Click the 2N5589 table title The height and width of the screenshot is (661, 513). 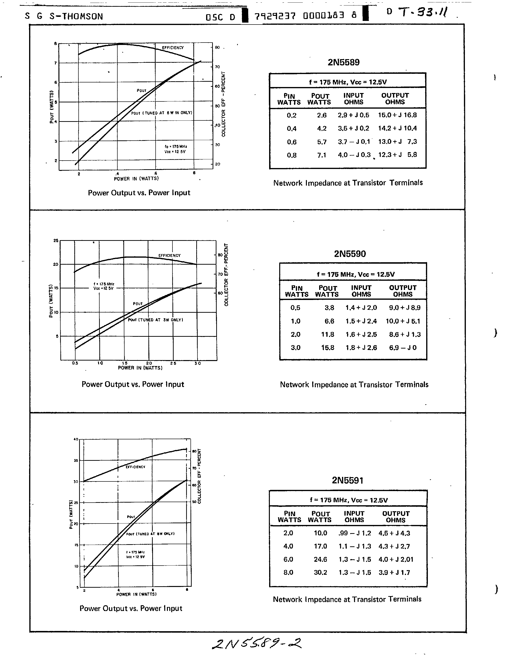pyautogui.click(x=343, y=62)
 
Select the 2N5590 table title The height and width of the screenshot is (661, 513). pyautogui.click(x=350, y=254)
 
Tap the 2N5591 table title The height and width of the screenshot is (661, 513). pyautogui.click(x=347, y=480)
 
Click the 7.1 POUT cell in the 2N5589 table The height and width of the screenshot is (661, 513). pyautogui.click(x=322, y=155)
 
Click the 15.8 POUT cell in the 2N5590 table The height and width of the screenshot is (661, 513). pyautogui.click(x=328, y=348)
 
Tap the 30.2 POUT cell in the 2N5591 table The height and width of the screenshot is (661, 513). pyautogui.click(x=320, y=572)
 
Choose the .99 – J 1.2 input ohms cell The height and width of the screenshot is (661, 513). pyautogui.click(x=355, y=533)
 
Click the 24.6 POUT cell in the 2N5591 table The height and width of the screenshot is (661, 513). pyautogui.click(x=320, y=559)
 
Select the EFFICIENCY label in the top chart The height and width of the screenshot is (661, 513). pyautogui.click(x=173, y=48)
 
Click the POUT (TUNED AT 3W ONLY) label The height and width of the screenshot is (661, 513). pyautogui.click(x=155, y=320)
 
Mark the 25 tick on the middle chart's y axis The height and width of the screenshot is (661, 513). pyautogui.click(x=56, y=241)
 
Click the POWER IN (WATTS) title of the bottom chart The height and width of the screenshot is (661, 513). pyautogui.click(x=136, y=594)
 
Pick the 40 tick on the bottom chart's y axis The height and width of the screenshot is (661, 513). pyautogui.click(x=76, y=439)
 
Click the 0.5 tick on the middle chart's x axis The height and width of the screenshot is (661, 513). pyautogui.click(x=75, y=363)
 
